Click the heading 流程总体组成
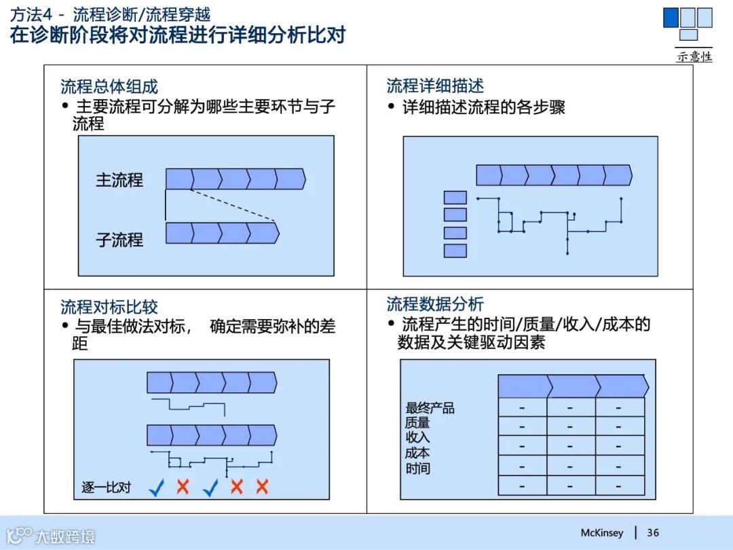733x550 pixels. click(109, 87)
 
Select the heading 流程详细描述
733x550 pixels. click(435, 86)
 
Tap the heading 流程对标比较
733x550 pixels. click(109, 307)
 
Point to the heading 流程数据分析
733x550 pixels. click(435, 304)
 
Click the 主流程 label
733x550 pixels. click(119, 180)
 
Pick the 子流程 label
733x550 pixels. click(119, 240)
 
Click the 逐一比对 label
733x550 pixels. click(106, 488)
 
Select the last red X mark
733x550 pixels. click(262, 486)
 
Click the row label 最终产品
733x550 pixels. click(430, 408)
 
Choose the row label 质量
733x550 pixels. click(417, 423)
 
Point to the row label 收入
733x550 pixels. click(417, 438)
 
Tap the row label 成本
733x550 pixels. click(417, 453)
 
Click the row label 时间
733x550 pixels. click(417, 469)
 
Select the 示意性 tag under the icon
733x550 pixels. click(694, 57)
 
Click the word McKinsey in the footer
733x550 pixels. click(601, 533)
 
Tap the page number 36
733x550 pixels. click(653, 533)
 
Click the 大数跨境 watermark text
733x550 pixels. click(65, 536)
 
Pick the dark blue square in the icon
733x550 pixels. click(671, 17)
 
